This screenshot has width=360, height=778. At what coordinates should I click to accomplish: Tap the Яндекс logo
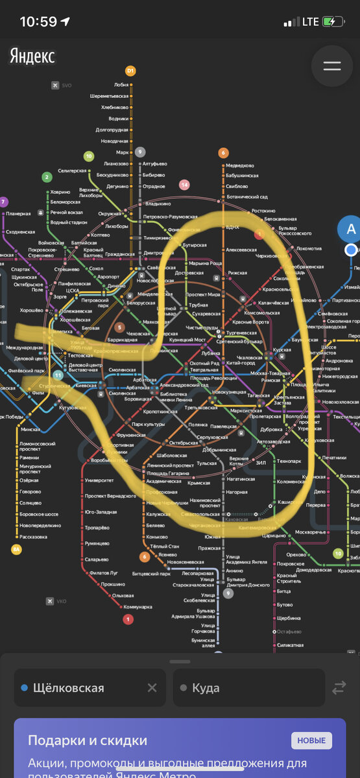click(32, 56)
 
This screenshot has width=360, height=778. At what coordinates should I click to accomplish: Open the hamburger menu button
click(332, 66)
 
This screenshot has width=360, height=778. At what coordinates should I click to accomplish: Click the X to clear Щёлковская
click(152, 688)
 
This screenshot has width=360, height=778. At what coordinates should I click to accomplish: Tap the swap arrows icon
click(339, 688)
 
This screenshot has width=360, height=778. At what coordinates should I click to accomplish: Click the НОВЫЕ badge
click(311, 741)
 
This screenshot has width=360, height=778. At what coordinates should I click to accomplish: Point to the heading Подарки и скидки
click(87, 740)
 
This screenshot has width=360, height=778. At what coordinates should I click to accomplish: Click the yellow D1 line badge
click(130, 71)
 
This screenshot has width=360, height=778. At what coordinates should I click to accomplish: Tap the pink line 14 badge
click(184, 185)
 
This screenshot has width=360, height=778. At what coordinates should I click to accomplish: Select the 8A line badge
click(16, 549)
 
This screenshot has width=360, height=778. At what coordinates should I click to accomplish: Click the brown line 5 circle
click(120, 328)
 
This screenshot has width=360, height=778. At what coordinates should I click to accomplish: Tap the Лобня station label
click(121, 84)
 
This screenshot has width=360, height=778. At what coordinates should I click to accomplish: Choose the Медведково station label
click(240, 165)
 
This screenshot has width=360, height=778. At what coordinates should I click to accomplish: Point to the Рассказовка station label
click(33, 536)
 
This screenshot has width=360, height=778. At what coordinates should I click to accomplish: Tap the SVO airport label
click(66, 85)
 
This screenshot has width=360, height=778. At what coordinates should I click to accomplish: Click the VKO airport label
click(61, 601)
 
